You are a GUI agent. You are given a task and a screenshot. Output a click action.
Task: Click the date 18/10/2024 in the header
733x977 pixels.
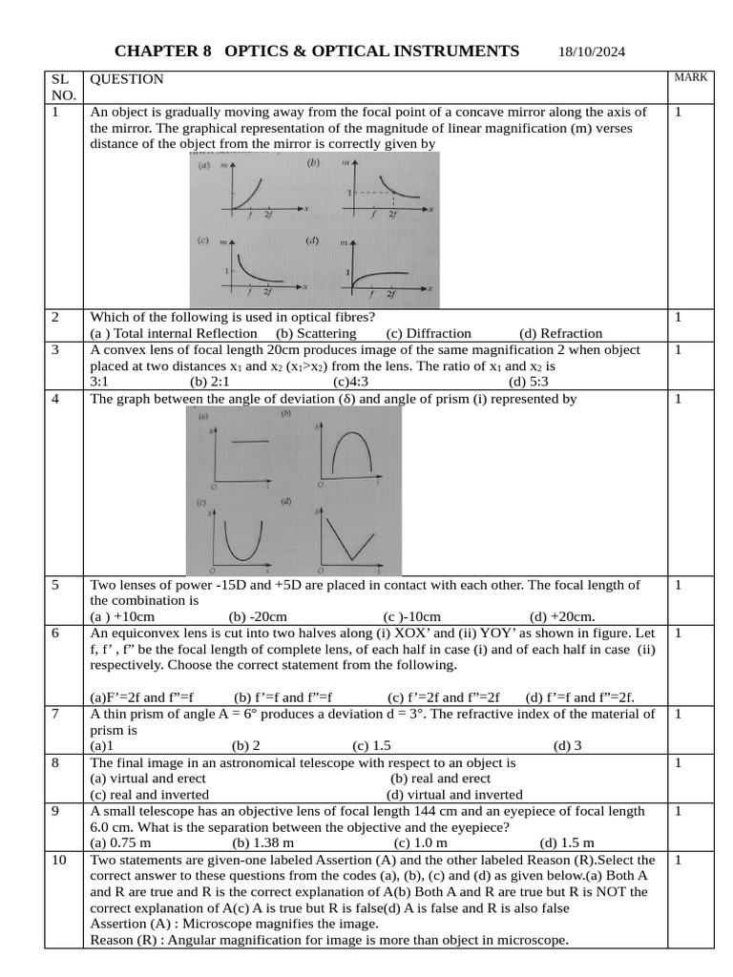592,52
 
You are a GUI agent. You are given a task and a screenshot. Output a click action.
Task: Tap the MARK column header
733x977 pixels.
690,77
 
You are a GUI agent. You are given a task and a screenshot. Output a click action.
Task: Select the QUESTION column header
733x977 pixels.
126,79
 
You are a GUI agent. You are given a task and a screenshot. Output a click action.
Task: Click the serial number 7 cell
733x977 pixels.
55,714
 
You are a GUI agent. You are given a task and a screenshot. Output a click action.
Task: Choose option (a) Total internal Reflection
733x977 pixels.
173,333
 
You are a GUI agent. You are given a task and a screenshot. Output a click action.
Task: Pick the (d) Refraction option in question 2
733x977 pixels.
560,333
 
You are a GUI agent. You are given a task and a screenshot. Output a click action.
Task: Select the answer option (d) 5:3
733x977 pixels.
529,382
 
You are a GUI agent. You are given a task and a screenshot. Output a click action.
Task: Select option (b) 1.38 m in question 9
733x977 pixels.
262,842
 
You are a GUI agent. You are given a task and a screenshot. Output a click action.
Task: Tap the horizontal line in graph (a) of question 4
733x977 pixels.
250,443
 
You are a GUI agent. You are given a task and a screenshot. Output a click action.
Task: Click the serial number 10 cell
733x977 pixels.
59,860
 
